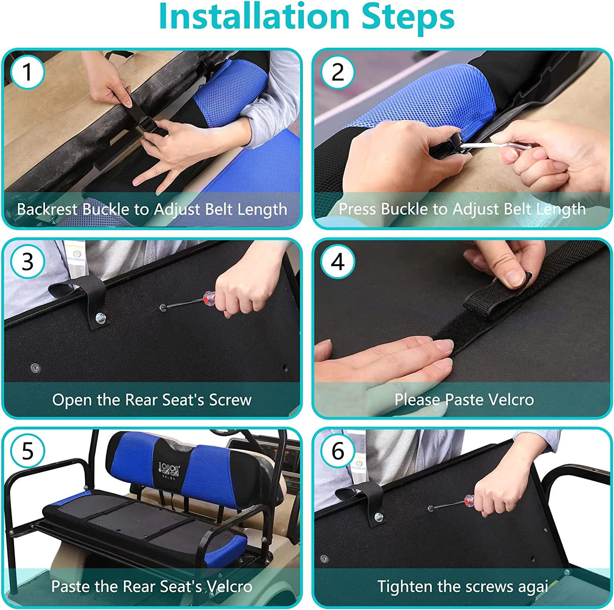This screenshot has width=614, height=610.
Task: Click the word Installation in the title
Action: (x=254, y=16)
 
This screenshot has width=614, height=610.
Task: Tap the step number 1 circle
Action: (x=27, y=72)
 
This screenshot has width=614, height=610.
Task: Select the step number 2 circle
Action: (x=338, y=72)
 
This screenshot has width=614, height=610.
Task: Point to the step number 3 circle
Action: (x=27, y=262)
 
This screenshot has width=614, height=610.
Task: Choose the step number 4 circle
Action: (x=338, y=262)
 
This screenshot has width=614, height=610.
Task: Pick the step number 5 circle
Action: (x=27, y=451)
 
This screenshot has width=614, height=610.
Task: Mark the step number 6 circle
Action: (x=338, y=451)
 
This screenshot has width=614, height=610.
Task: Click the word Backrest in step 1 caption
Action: (x=47, y=209)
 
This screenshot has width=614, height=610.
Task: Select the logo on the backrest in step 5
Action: (x=168, y=470)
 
